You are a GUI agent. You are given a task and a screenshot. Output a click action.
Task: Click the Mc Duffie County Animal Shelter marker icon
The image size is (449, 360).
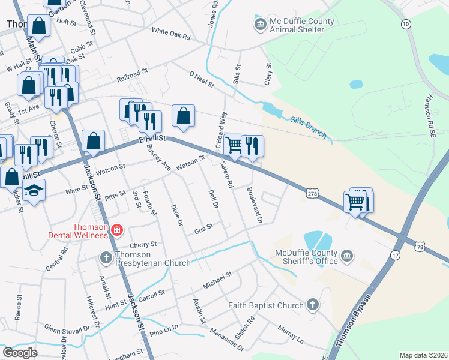coord(260,24)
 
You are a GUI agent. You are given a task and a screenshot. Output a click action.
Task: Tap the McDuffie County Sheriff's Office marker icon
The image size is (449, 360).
coord(347,257)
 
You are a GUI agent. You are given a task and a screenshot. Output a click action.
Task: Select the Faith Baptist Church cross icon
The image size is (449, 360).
coord(312,305)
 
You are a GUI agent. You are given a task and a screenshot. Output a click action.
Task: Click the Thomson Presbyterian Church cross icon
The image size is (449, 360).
coord(106,256)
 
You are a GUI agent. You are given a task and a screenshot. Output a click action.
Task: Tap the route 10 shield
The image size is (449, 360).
coord(406,23)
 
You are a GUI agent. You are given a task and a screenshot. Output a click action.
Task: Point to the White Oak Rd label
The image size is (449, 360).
coord(171,34)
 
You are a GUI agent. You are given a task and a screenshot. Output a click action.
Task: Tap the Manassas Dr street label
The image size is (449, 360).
coord(228,339)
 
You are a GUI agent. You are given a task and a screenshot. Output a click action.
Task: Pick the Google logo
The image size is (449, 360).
coord(20,352)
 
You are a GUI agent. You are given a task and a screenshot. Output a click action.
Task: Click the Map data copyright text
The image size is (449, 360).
coord(423,355)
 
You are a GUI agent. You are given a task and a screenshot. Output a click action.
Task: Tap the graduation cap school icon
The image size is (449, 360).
coord(34,190)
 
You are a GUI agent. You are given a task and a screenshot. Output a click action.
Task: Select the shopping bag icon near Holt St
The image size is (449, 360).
coord(39,26)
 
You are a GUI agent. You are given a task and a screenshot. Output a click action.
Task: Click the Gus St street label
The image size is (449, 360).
coord(203,232)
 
